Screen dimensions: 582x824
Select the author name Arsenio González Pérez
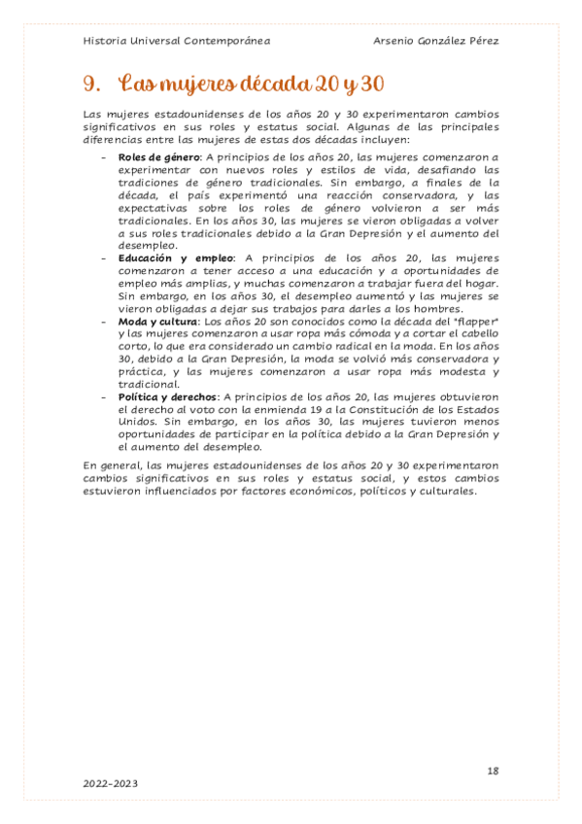pos(436,42)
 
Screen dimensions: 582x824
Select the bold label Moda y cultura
pos(156,321)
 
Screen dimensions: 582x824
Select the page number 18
pos(493,771)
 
